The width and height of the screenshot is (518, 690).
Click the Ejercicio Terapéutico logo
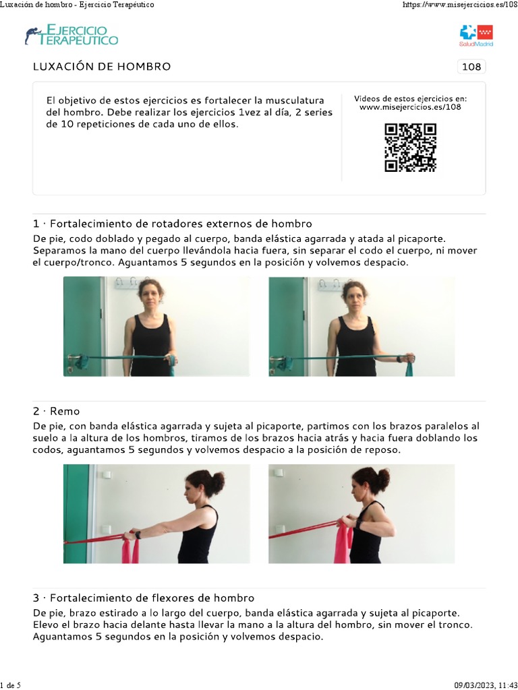pyautogui.click(x=71, y=35)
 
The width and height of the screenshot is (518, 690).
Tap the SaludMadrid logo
pyautogui.click(x=476, y=35)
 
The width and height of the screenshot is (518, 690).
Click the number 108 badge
pyautogui.click(x=471, y=67)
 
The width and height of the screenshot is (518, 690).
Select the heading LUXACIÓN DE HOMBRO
pyautogui.click(x=102, y=67)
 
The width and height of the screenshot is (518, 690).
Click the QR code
pyautogui.click(x=410, y=148)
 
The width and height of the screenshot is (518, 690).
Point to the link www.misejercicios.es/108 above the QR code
pyautogui.click(x=410, y=107)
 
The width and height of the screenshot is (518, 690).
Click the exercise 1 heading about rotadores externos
pyautogui.click(x=172, y=224)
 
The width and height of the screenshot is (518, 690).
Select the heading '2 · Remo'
pyautogui.click(x=56, y=411)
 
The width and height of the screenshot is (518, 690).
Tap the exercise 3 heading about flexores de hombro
pyautogui.click(x=143, y=598)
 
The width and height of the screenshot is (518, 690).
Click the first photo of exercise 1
pyautogui.click(x=156, y=326)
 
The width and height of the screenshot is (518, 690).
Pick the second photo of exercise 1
pyautogui.click(x=362, y=326)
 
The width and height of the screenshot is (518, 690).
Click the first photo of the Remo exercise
pyautogui.click(x=156, y=513)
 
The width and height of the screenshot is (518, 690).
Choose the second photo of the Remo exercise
pyautogui.click(x=362, y=513)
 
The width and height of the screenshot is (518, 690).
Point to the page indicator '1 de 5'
pyautogui.click(x=10, y=685)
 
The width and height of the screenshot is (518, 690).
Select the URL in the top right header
pyautogui.click(x=459, y=5)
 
